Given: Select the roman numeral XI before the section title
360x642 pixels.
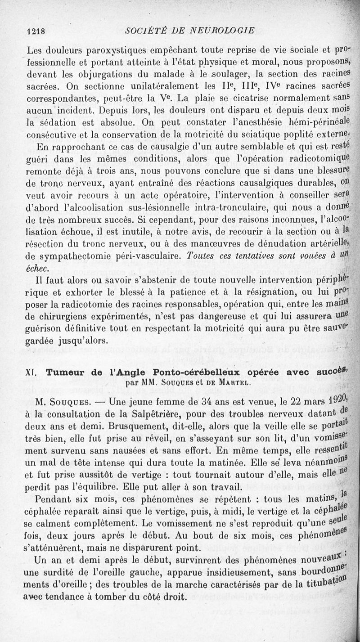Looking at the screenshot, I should pos(31,373).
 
